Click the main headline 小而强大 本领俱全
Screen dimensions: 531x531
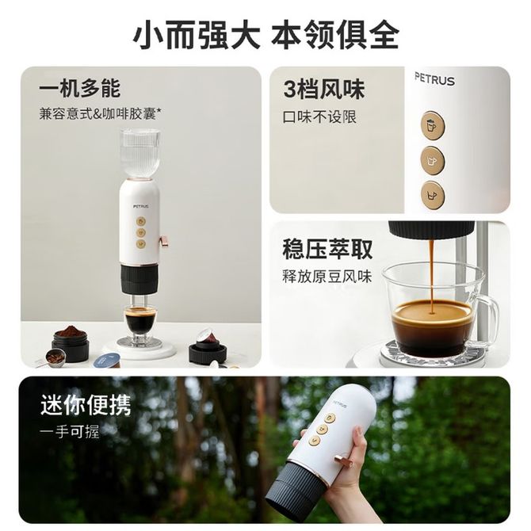click(265, 35)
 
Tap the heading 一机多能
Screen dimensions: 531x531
click(79, 89)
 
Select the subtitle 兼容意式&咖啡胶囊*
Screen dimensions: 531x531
click(100, 113)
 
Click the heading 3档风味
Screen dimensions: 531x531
click(324, 89)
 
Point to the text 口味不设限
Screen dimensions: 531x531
click(319, 117)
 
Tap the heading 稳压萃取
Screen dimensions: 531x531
click(327, 249)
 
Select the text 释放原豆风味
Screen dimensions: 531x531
click(327, 277)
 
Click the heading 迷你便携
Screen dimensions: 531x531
click(86, 404)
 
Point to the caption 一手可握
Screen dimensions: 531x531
click(70, 431)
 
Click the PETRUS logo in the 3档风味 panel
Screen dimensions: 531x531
click(434, 79)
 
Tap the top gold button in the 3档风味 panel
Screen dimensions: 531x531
click(433, 126)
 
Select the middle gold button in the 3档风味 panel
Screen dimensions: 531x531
click(433, 160)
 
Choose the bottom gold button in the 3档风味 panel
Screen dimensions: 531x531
click(433, 195)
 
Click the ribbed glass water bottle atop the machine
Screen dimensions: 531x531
click(139, 154)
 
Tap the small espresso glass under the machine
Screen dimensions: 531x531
click(140, 323)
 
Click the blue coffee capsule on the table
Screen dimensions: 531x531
click(107, 360)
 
